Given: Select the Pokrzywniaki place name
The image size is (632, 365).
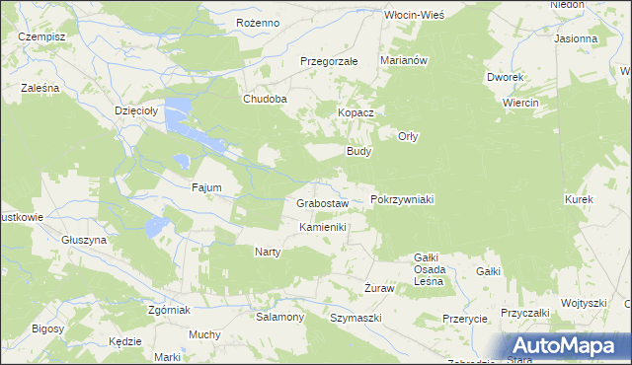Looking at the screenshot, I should pos(402,199).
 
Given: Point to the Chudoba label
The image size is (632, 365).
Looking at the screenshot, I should pos(266,100).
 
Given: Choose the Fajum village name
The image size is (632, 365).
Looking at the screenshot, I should pos(206,186).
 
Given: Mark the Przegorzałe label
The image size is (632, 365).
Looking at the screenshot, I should pos(329,61).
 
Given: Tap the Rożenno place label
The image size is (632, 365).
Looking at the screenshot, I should pos(260,23).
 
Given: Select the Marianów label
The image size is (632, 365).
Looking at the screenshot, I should pos(403,60).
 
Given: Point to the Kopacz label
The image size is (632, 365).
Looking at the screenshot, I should pos(355,113).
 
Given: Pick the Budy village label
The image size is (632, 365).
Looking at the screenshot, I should pos(357,152).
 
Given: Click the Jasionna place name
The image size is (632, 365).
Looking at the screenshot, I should pos(576,39).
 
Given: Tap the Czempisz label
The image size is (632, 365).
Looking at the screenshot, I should pos(41,36).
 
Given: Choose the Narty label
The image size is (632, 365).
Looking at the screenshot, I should pos(268,252).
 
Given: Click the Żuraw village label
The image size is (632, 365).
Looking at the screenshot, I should pos(379,288).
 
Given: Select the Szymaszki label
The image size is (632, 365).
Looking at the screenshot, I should pos(355,318).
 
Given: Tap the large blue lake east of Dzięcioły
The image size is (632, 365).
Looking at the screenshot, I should pos(180,115).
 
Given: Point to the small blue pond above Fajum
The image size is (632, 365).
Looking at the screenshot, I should pos(181,160).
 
